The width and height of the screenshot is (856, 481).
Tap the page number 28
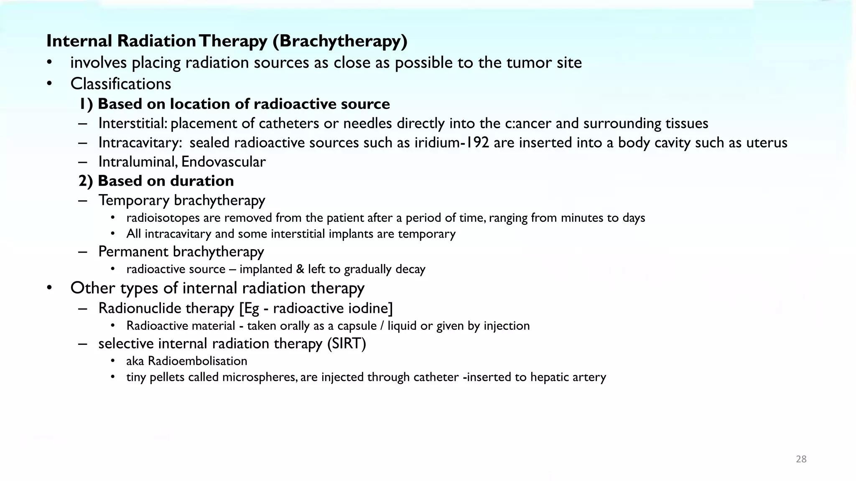pyautogui.click(x=801, y=459)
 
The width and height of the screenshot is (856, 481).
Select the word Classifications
pyautogui.click(x=121, y=84)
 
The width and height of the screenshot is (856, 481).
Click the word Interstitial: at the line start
pyautogui.click(x=133, y=124)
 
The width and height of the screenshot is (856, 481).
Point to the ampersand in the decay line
pyautogui.click(x=300, y=269)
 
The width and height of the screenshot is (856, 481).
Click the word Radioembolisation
pyautogui.click(x=197, y=361)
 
